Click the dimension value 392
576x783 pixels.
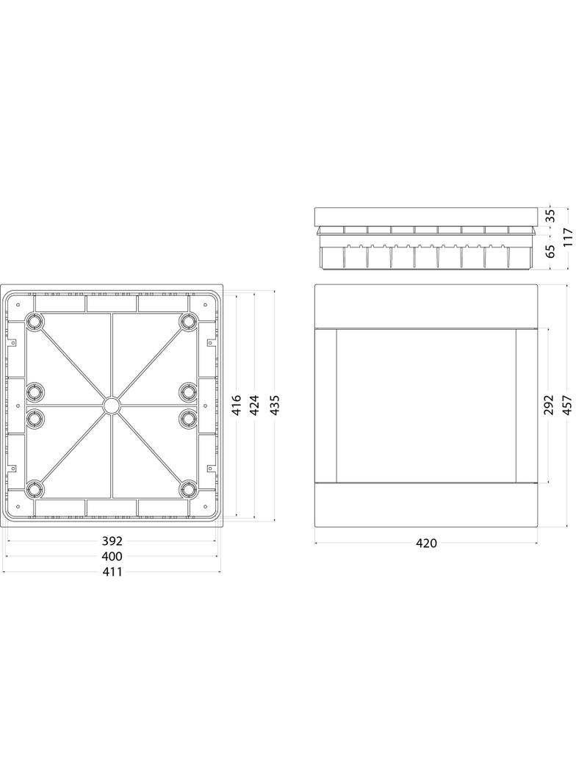[x=112, y=541]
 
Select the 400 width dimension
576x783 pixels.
[x=112, y=556]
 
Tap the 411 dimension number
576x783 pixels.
[x=112, y=571]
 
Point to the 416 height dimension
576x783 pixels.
[x=237, y=405]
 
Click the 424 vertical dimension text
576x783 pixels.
[x=255, y=405]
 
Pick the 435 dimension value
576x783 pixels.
[x=274, y=405]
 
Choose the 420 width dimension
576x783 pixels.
[x=426, y=543]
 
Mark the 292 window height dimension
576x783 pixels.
[x=549, y=405]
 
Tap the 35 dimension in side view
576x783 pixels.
[x=550, y=216]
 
